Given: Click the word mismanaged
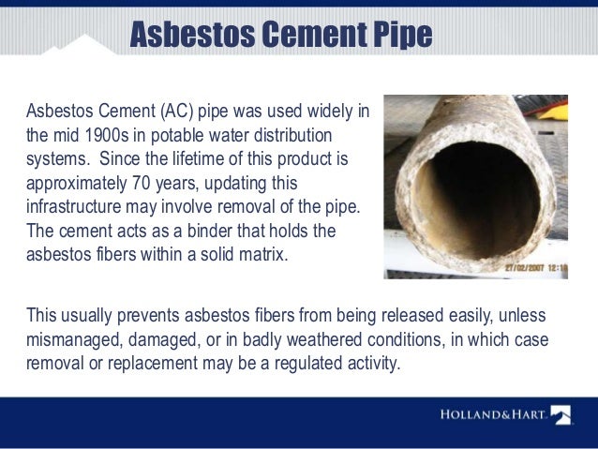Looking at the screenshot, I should point(71,338).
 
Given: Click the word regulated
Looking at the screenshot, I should point(296,361).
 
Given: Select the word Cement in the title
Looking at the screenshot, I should point(306,35).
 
